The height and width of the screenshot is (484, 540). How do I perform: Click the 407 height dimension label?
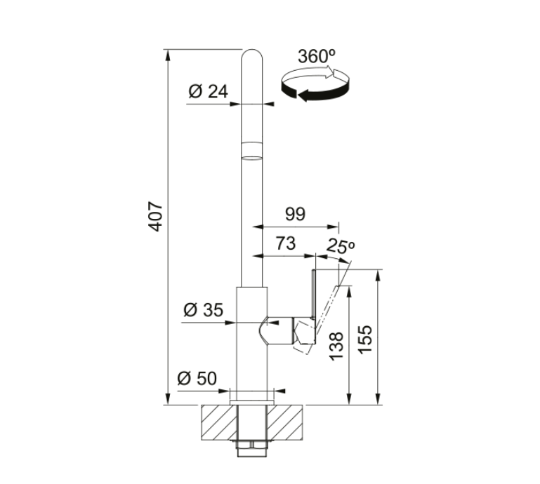click(x=157, y=217)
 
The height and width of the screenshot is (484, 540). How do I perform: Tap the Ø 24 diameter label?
click(x=208, y=91)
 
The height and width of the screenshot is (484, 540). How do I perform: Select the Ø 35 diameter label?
click(x=203, y=309)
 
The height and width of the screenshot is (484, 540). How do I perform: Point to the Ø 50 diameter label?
click(x=197, y=379)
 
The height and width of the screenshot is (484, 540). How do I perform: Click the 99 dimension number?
click(x=295, y=214)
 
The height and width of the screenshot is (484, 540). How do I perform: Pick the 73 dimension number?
click(x=286, y=243)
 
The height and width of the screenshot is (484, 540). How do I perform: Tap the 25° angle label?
click(x=341, y=246)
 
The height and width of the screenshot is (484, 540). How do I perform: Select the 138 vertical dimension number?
click(x=337, y=346)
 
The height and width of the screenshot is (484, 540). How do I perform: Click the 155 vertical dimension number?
click(x=365, y=340)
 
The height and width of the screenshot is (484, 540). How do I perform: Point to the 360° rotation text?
click(x=317, y=56)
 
